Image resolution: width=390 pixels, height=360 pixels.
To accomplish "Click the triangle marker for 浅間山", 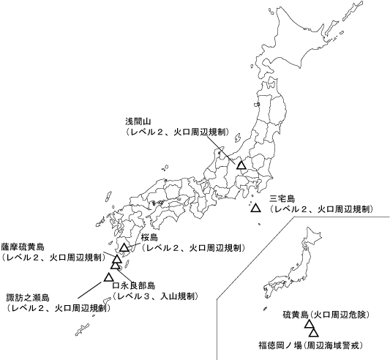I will click(241, 165).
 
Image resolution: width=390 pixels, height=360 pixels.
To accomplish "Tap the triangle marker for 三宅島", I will click(255, 209).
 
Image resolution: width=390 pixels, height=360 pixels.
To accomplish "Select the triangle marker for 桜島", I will click(125, 247).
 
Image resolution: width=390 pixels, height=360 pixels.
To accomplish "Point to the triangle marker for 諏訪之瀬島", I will click(108, 277).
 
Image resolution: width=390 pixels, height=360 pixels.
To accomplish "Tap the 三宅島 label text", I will click(282, 198).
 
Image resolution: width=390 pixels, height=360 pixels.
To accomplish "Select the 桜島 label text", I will click(150, 238).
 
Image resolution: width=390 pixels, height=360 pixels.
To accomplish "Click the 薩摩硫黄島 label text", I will click(23, 247).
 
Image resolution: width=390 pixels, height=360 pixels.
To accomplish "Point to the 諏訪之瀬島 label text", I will click(27, 297).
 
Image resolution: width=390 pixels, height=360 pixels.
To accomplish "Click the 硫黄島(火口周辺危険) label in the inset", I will click(326, 315).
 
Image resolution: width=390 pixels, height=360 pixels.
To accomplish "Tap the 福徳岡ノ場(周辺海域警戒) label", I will click(311, 344).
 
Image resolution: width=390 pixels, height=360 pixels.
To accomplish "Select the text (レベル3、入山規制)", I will click(154, 296).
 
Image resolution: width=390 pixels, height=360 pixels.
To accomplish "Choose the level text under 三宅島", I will click(322, 209).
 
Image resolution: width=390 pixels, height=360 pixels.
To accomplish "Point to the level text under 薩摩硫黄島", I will click(52, 258).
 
